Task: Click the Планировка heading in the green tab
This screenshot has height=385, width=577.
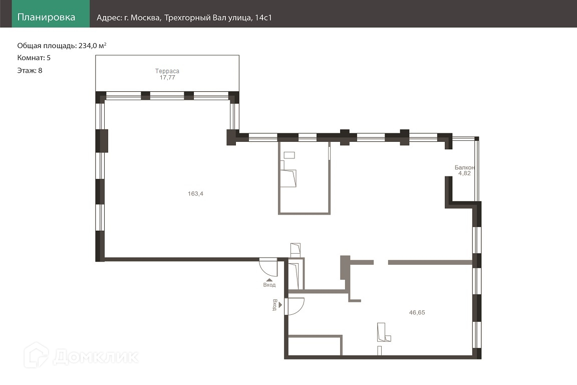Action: pos(46,18)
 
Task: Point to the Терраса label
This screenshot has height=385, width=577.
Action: pos(167,71)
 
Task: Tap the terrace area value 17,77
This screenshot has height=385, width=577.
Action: pos(167,77)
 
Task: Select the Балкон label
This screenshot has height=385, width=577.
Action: pos(464,167)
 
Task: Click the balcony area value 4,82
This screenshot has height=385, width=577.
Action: pos(464,173)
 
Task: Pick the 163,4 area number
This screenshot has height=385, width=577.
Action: pos(195,194)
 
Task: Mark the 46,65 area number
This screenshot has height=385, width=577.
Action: pos(417,312)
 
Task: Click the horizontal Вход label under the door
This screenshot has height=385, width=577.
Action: pos(269,285)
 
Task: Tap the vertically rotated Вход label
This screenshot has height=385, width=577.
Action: pos(274,305)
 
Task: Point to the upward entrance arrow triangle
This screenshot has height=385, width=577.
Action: pos(269,280)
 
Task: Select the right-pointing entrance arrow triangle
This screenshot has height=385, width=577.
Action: pos(280,305)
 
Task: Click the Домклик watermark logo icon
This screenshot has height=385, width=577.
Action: pos(36,355)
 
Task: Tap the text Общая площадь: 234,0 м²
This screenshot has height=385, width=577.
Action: pos(62,46)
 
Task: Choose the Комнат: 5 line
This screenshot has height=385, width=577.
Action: pos(34,58)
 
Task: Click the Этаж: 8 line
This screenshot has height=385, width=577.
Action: pos(30,70)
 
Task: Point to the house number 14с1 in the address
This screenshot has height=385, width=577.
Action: pos(263,18)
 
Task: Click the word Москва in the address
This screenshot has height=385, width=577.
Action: pos(146,18)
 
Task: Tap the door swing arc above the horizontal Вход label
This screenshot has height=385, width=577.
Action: pos(268,268)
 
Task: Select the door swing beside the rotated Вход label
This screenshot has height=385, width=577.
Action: pos(295,306)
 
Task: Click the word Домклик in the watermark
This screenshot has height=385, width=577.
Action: pos(96,356)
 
